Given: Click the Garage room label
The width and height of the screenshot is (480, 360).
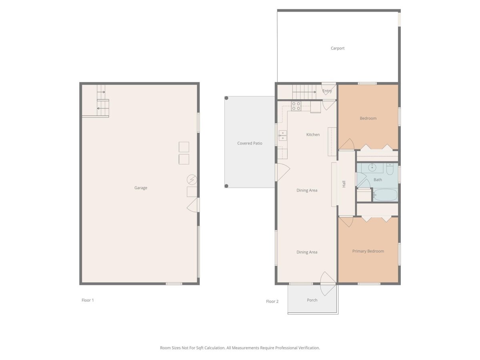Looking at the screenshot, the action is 141,188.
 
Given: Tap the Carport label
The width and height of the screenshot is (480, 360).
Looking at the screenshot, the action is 338,48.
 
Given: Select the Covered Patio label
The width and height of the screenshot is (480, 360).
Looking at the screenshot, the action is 250,143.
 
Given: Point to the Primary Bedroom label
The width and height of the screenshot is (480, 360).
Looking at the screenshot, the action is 368,251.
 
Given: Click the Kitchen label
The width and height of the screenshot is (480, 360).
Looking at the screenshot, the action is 313,135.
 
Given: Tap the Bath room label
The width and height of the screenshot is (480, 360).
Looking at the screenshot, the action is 378,180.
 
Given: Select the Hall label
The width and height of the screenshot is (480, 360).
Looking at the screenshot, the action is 344,184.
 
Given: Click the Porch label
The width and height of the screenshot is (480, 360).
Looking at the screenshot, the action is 312,300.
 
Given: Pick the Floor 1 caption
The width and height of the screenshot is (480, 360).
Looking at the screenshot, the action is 88,300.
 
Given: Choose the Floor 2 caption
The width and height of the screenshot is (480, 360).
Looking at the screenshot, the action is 272,302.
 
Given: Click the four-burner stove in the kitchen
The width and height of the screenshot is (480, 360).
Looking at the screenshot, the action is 296,106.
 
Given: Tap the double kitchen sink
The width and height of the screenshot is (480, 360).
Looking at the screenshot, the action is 282,136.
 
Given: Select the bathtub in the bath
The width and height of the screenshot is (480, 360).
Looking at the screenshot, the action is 385,195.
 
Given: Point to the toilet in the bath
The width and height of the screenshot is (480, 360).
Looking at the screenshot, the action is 390,169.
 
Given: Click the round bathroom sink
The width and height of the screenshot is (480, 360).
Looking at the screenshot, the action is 372,168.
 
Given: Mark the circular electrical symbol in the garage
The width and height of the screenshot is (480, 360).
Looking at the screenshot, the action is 192,180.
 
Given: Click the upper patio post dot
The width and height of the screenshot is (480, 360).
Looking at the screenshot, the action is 226,98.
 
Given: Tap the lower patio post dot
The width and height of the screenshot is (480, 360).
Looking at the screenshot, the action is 226,186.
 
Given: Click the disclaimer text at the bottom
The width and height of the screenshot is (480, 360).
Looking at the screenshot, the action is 240,348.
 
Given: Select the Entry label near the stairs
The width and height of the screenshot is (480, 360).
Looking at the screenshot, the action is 327,91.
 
